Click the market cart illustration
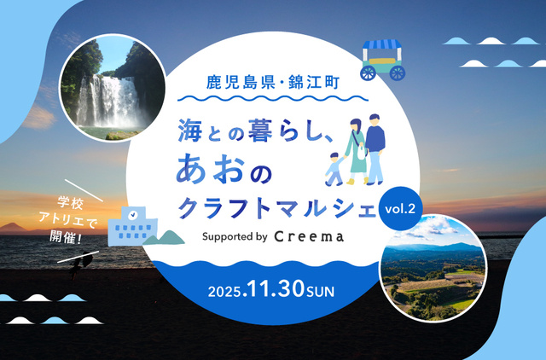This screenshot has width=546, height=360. point(383,58)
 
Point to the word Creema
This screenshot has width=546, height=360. point(310,236)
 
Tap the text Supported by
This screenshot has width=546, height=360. point(235,236)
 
